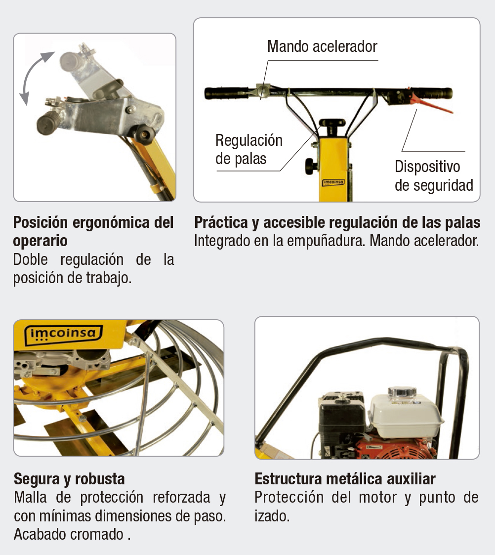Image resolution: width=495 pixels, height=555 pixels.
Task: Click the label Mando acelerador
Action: coord(322,46)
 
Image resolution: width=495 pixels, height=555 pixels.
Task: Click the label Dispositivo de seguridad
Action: coord(434,175)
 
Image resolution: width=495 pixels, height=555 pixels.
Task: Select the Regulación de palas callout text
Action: coord(249,149)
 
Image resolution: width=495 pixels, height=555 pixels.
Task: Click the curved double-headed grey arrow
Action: coord(35,76)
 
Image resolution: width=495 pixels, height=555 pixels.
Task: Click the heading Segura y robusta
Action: coord(69,478)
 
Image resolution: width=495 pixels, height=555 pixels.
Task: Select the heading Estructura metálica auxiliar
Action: coord(345,478)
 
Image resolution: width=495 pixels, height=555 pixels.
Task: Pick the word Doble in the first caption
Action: coord(32,259)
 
